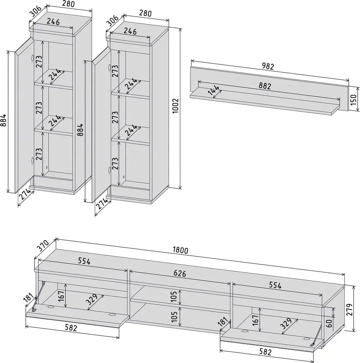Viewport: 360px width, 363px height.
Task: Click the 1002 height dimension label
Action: coord(176,106)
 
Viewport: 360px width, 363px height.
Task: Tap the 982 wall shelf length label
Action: coord(268,66)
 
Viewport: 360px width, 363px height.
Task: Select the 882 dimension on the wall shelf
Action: coord(265,86)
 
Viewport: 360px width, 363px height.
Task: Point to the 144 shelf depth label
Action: coord(214,90)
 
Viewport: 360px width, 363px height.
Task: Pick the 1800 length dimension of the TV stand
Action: coord(180,250)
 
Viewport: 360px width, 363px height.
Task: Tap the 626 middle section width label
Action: coord(180,273)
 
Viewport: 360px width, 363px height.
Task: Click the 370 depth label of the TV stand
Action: coord(43,246)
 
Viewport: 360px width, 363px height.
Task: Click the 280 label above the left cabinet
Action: coord(69,4)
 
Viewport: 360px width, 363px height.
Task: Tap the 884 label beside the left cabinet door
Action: coord(3,120)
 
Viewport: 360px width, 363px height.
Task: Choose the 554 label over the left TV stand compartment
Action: coord(84,261)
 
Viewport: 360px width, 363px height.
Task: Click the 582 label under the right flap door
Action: coord(265,352)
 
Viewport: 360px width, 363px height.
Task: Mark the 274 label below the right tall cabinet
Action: coord(102,204)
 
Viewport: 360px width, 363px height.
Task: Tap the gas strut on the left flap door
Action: coord(39,296)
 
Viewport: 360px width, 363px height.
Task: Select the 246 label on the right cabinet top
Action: coord(130,31)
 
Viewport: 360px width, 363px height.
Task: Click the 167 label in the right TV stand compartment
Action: coord(255,320)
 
